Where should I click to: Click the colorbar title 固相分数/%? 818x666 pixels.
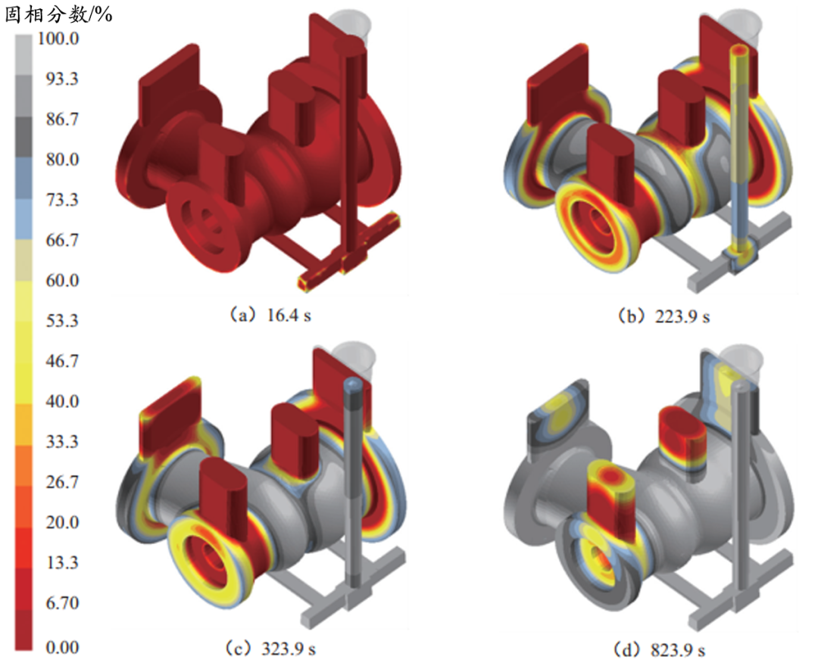58,14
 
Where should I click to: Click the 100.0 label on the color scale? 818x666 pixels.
58,39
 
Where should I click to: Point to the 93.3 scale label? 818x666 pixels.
62,79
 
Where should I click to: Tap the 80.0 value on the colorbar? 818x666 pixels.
62,159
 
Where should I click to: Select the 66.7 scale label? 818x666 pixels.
62,240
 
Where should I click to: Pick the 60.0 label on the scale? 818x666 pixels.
62,280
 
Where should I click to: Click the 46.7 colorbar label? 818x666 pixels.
62,360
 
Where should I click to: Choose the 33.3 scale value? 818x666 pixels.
62,441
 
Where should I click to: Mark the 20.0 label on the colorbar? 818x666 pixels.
62,522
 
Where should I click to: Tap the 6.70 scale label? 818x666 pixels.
62,602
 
